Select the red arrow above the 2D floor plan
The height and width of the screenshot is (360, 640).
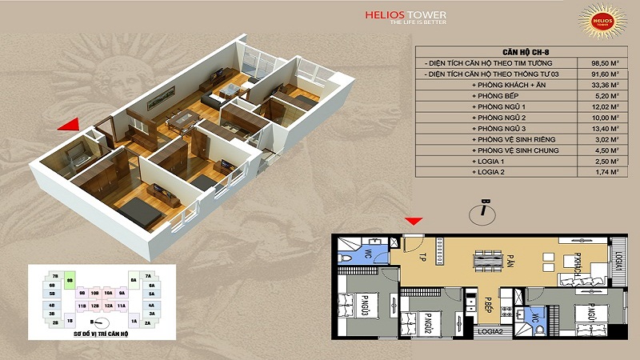tap(414, 221)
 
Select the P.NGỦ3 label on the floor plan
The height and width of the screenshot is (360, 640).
tap(364, 307)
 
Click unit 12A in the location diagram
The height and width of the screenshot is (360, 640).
tap(108, 305)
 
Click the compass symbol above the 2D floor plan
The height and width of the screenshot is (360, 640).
tap(484, 210)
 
